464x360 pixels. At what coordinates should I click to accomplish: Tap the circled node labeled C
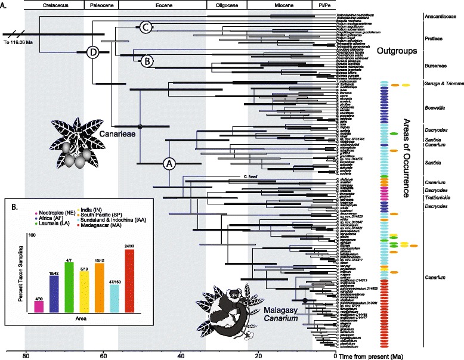145,26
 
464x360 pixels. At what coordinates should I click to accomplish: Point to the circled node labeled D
92,52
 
